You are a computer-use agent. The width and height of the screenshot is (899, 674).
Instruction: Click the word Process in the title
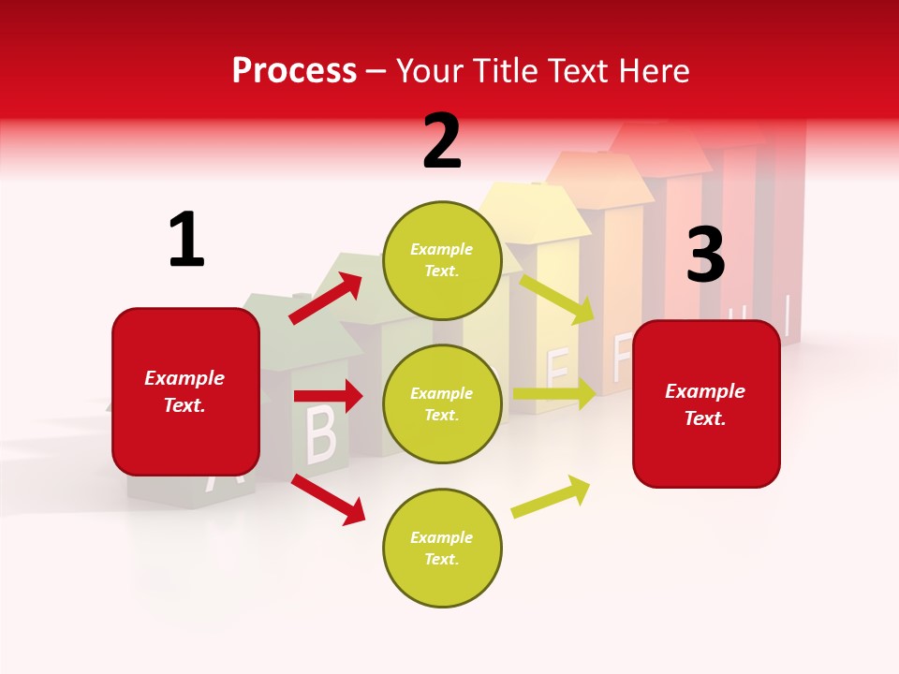coord(294,71)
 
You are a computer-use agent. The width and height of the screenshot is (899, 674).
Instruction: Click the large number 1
coord(186,240)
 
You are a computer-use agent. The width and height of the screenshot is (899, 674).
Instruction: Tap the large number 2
coord(442,141)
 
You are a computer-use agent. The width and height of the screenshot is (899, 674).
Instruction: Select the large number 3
coord(705,256)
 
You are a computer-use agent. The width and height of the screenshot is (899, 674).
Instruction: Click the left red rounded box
coord(185,391)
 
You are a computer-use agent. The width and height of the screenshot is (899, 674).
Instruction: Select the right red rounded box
coord(706,403)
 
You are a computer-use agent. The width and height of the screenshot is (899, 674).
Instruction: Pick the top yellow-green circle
coord(442,260)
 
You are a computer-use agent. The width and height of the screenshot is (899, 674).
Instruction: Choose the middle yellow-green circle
coord(442,403)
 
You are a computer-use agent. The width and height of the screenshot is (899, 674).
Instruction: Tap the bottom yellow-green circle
coord(442,548)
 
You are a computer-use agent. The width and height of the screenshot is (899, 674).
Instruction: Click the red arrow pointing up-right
coord(326,298)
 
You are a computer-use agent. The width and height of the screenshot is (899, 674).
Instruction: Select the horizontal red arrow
coord(328,396)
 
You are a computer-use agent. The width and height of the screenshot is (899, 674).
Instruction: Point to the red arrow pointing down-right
coord(329,499)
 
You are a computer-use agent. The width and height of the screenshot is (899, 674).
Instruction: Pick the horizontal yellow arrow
coord(554,394)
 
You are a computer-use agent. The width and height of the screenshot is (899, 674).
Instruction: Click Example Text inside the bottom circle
coord(442,549)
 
